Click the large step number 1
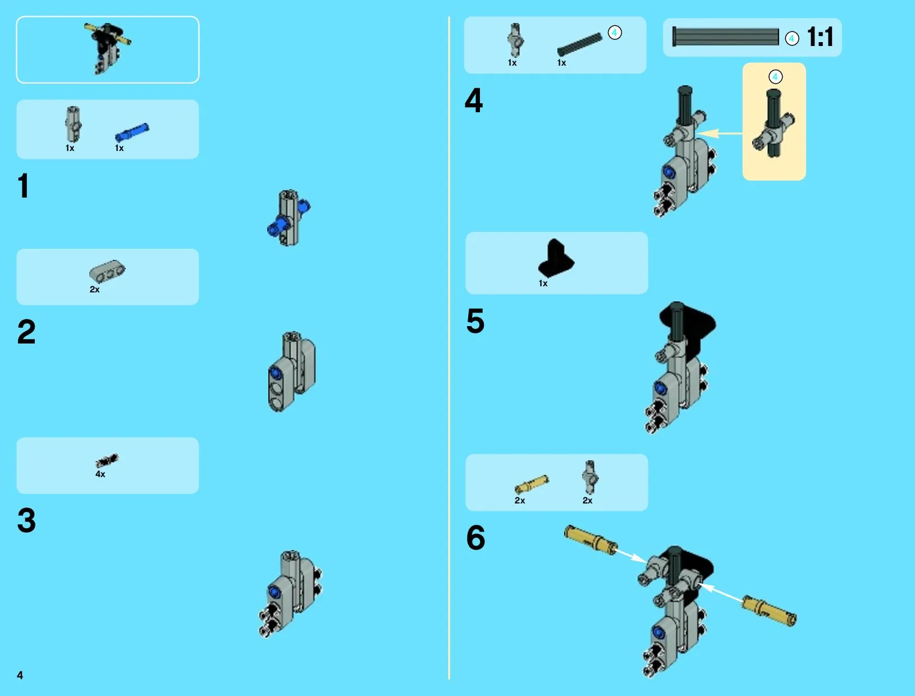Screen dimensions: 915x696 click(x=24, y=186)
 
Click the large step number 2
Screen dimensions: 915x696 click(x=26, y=332)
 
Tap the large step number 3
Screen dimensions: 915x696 click(x=26, y=520)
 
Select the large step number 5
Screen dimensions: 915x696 click(x=475, y=321)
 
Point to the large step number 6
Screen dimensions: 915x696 click(x=475, y=538)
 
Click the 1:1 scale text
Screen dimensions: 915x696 click(x=820, y=36)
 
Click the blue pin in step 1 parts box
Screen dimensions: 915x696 click(x=132, y=132)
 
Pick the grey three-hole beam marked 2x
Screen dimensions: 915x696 click(x=107, y=271)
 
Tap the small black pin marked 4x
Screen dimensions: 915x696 click(x=107, y=461)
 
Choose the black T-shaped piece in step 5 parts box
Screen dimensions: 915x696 click(x=556, y=258)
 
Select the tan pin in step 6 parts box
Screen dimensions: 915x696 click(x=532, y=484)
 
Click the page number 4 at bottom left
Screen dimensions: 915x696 click(x=20, y=675)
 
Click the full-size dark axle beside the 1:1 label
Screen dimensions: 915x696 click(x=725, y=36)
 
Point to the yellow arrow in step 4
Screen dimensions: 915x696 click(x=720, y=134)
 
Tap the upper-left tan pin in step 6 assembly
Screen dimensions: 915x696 click(x=591, y=540)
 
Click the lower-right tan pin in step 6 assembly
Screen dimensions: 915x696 click(x=769, y=610)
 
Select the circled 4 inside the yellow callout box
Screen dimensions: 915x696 click(x=775, y=77)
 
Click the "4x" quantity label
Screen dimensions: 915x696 click(x=100, y=474)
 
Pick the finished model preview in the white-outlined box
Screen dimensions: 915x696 click(x=108, y=48)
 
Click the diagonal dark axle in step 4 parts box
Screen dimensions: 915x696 click(x=579, y=44)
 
